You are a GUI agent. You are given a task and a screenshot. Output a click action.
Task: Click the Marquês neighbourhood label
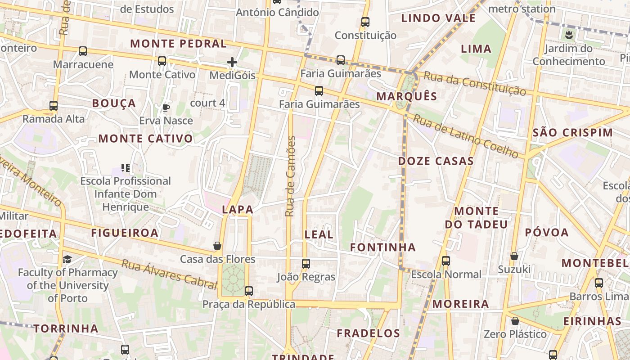(407, 96)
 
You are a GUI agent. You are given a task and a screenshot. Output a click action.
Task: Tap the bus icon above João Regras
(306, 264)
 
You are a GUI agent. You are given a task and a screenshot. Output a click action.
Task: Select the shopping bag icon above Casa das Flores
(217, 246)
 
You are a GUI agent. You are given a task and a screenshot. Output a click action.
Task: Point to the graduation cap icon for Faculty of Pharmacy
(67, 259)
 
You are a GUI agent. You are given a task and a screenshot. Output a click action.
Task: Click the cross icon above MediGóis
(232, 62)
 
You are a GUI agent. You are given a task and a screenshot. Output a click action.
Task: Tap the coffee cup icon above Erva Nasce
(166, 108)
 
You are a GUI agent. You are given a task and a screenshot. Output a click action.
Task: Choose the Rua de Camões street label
(291, 176)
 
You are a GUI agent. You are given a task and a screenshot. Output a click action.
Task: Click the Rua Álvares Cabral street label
(170, 274)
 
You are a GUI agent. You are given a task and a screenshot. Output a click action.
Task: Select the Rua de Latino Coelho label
(466, 136)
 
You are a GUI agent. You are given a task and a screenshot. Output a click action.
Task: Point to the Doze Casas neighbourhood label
(436, 161)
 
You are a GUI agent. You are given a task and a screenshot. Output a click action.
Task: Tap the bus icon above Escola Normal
(445, 261)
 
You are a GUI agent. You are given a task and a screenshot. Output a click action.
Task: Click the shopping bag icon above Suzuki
(514, 256)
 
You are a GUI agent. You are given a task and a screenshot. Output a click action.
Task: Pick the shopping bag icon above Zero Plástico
(515, 321)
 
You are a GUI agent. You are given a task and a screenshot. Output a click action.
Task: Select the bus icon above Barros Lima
(598, 283)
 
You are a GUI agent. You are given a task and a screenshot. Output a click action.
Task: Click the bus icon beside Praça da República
(249, 291)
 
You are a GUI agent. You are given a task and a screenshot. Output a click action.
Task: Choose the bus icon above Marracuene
(83, 51)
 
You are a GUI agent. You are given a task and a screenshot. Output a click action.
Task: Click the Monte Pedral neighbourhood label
(178, 44)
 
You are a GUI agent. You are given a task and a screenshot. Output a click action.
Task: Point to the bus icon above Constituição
(365, 22)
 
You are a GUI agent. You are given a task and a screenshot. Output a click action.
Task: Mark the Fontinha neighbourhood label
(383, 247)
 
